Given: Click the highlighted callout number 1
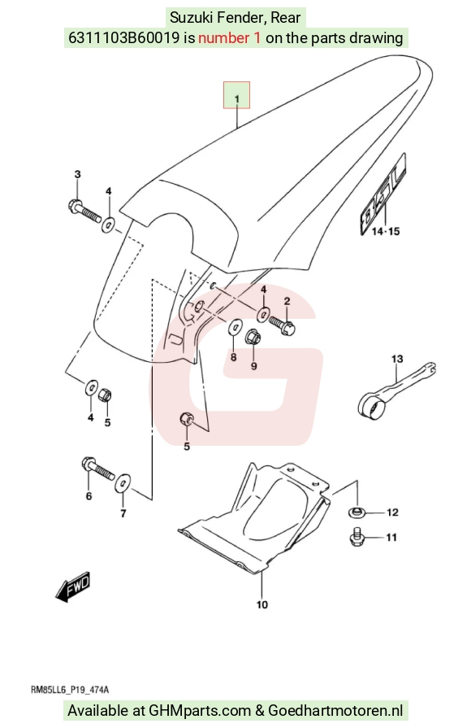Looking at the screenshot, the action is point(237,99).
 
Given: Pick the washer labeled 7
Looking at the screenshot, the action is point(123,484).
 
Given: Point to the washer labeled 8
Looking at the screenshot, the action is point(235,327).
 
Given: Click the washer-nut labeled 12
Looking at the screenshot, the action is point(356,512).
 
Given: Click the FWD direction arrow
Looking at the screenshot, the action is point(73,586).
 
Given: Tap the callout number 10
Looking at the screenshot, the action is point(262,604).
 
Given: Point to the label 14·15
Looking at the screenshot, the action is point(386,231).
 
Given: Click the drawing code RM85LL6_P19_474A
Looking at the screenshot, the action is point(70,690).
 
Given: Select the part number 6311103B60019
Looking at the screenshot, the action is point(123,37).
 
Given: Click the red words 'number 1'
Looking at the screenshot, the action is point(230,37).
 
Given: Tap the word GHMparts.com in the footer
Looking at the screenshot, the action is point(201,711).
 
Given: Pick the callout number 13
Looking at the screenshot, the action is point(397,359).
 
